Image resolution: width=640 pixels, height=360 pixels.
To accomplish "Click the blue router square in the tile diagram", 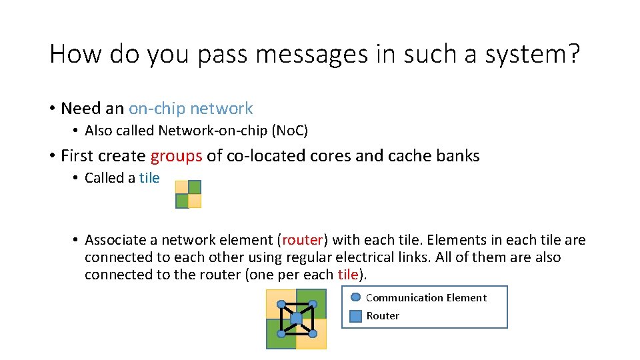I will coord(296,319).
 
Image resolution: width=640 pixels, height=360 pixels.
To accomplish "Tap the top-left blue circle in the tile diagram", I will coord(281,304).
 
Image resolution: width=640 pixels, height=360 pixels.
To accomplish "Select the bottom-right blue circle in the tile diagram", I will coord(312,333).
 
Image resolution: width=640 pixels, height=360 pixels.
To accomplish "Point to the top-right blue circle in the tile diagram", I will coord(312,304).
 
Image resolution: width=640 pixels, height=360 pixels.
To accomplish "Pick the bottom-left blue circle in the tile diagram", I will coord(281,333).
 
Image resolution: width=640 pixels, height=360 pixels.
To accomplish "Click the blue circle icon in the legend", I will coord(356,297).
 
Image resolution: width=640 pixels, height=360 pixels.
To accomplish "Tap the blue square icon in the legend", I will coord(356,316).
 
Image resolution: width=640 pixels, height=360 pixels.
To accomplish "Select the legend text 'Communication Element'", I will coord(426,298).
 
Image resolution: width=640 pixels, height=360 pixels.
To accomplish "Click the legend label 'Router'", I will coord(383,316).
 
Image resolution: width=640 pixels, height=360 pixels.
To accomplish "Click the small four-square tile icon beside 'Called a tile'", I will coord(188,194).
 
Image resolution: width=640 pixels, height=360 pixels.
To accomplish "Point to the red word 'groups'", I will coord(176,156).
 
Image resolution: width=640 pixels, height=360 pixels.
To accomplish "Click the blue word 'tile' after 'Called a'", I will coord(149,178).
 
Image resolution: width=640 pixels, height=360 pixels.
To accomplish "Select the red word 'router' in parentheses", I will coord(303,240).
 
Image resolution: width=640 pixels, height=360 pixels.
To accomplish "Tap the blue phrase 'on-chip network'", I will coord(191,109).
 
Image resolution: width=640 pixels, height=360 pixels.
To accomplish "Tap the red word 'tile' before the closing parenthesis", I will coord(348,275).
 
